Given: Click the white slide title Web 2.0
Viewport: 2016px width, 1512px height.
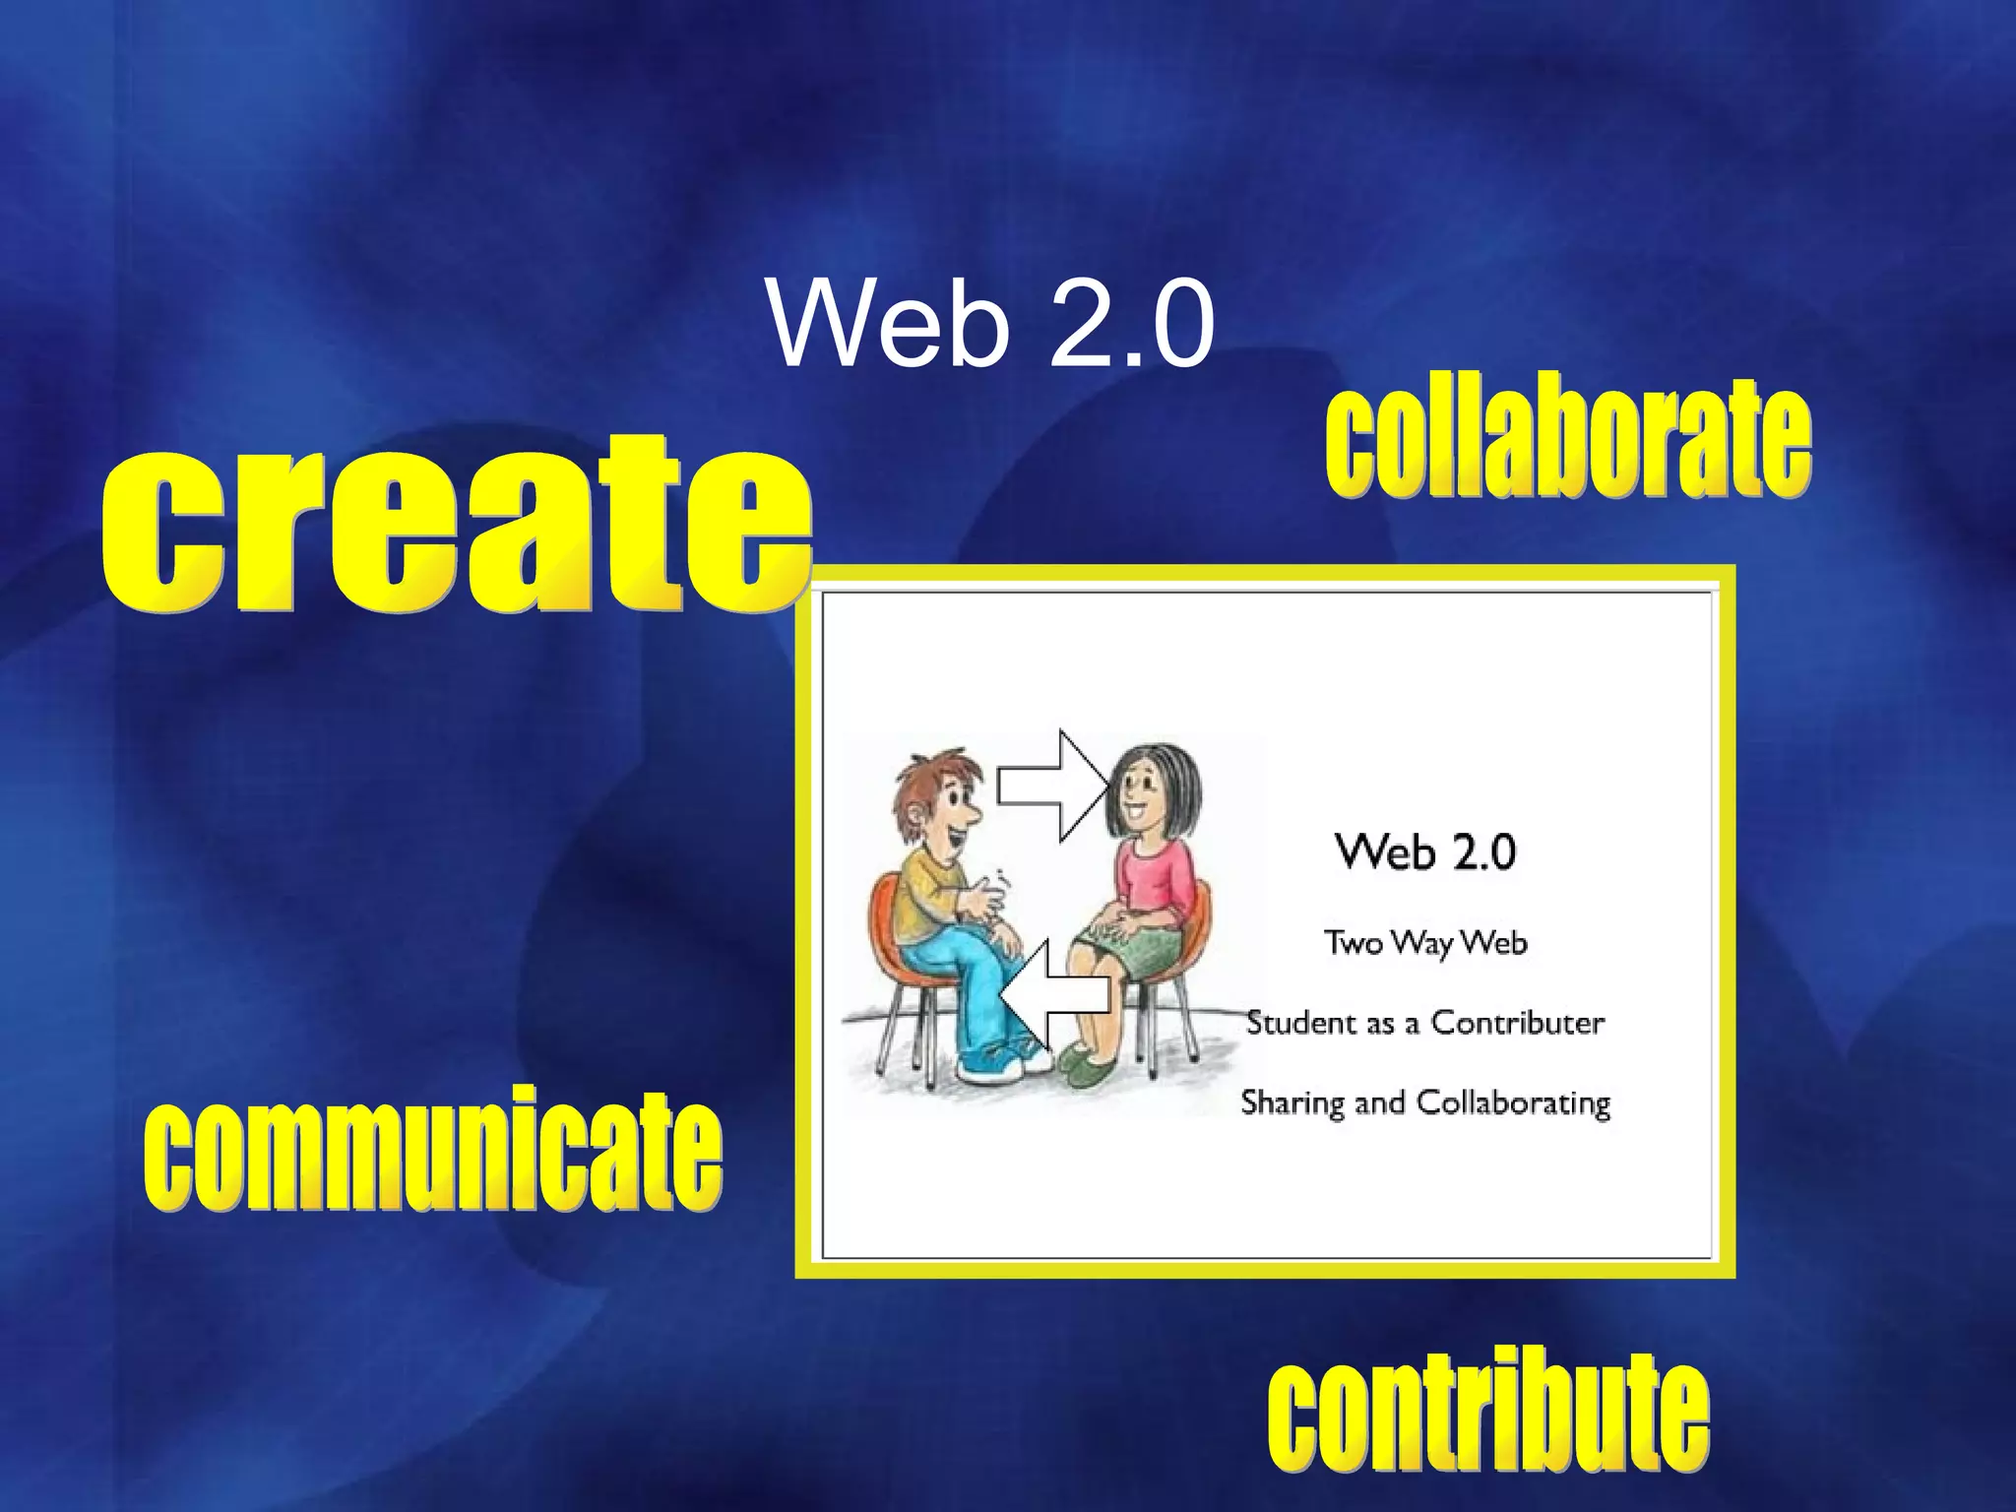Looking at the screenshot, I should pyautogui.click(x=992, y=324).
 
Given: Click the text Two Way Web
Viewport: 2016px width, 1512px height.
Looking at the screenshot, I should pyautogui.click(x=1425, y=943).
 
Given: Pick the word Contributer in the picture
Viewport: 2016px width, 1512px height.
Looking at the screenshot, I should pyautogui.click(x=1517, y=1023).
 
